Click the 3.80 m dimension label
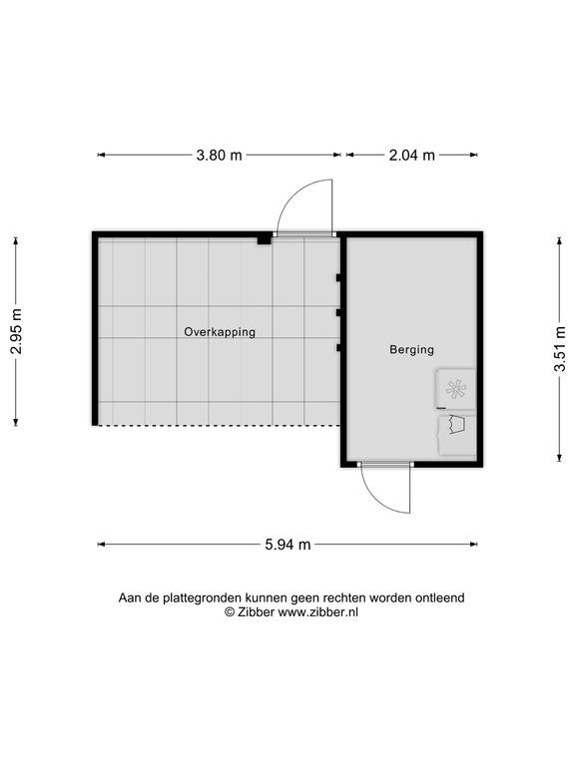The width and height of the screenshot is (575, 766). click(219, 155)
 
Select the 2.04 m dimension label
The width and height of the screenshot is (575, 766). click(411, 155)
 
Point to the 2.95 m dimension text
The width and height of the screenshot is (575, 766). click(16, 331)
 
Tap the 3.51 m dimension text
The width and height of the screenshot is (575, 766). click(560, 349)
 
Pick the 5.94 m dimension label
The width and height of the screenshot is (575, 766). click(287, 545)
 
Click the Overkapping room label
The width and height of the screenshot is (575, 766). click(220, 332)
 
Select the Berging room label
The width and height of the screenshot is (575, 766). click(411, 350)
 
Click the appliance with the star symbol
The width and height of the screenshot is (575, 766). click(456, 389)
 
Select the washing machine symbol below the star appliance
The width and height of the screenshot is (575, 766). click(456, 435)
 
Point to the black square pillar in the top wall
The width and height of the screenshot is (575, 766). click(264, 239)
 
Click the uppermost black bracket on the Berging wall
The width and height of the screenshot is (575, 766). click(338, 278)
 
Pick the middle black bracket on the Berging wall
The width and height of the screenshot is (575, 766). click(338, 312)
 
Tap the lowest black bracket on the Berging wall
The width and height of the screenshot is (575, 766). click(338, 348)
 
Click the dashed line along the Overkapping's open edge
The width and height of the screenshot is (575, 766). click(219, 426)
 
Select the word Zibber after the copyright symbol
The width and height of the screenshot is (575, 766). click(256, 612)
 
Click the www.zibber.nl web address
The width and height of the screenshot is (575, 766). click(318, 612)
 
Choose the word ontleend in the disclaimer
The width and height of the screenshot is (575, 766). click(440, 597)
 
